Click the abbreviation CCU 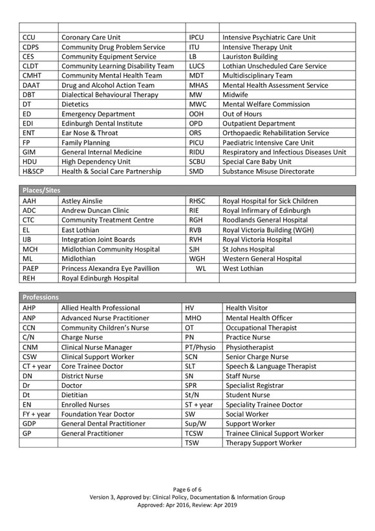28,38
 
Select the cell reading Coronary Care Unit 91,38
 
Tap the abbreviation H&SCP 34,171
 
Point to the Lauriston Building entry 250,56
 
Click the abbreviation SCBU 197,162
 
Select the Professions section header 41,297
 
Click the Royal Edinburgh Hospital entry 100,278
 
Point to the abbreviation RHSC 197,200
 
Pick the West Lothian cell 243,268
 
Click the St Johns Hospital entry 249,249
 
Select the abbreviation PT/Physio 200,347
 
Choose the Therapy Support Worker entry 264,443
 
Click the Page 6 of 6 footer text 187,489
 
